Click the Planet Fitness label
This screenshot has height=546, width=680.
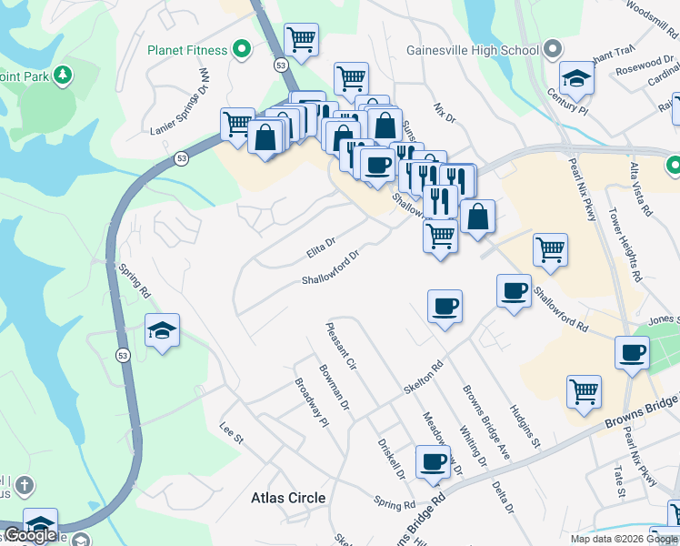tap(188, 49)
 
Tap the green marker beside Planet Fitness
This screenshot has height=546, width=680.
tap(242, 49)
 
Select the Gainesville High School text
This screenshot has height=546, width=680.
tap(473, 50)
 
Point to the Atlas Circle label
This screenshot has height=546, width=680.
tap(288, 498)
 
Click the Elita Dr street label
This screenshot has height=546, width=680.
tap(320, 247)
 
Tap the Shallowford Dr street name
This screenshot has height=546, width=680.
tap(332, 268)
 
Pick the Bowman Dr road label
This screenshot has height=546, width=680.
tap(335, 387)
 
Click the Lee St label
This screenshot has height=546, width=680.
tap(233, 432)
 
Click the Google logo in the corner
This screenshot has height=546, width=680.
tap(30, 536)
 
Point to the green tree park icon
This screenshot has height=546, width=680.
tap(63, 74)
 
